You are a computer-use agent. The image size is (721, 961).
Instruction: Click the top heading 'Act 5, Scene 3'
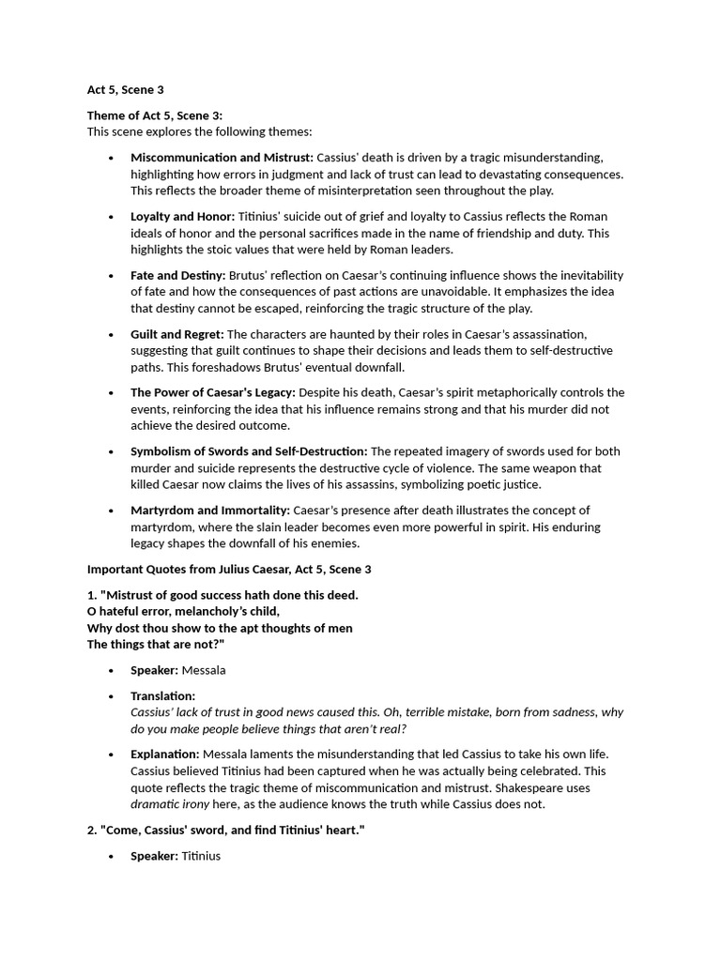coord(125,89)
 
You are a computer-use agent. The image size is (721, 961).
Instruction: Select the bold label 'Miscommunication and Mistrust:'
coord(222,158)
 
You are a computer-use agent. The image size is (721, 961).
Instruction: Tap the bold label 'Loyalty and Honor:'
coord(183,216)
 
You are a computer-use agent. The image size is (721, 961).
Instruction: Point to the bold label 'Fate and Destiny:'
coord(178,275)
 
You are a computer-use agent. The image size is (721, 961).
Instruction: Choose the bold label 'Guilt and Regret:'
coord(177,334)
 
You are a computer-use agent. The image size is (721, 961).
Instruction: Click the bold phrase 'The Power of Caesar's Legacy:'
coord(213,392)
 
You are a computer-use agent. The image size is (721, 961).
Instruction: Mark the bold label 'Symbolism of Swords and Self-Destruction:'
coord(249,451)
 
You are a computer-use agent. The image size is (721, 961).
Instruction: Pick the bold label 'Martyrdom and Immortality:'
coord(210,511)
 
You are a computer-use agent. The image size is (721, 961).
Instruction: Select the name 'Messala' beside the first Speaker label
coord(204,670)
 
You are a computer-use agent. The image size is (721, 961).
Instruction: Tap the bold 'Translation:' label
coord(163,696)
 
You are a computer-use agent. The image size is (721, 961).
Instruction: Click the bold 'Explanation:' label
coord(165,755)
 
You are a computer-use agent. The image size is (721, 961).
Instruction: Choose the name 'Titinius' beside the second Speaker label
coord(201,856)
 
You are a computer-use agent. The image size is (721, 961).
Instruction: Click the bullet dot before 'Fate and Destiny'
coord(111,276)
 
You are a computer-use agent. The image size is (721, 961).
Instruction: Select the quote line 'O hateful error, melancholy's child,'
coord(184,611)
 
